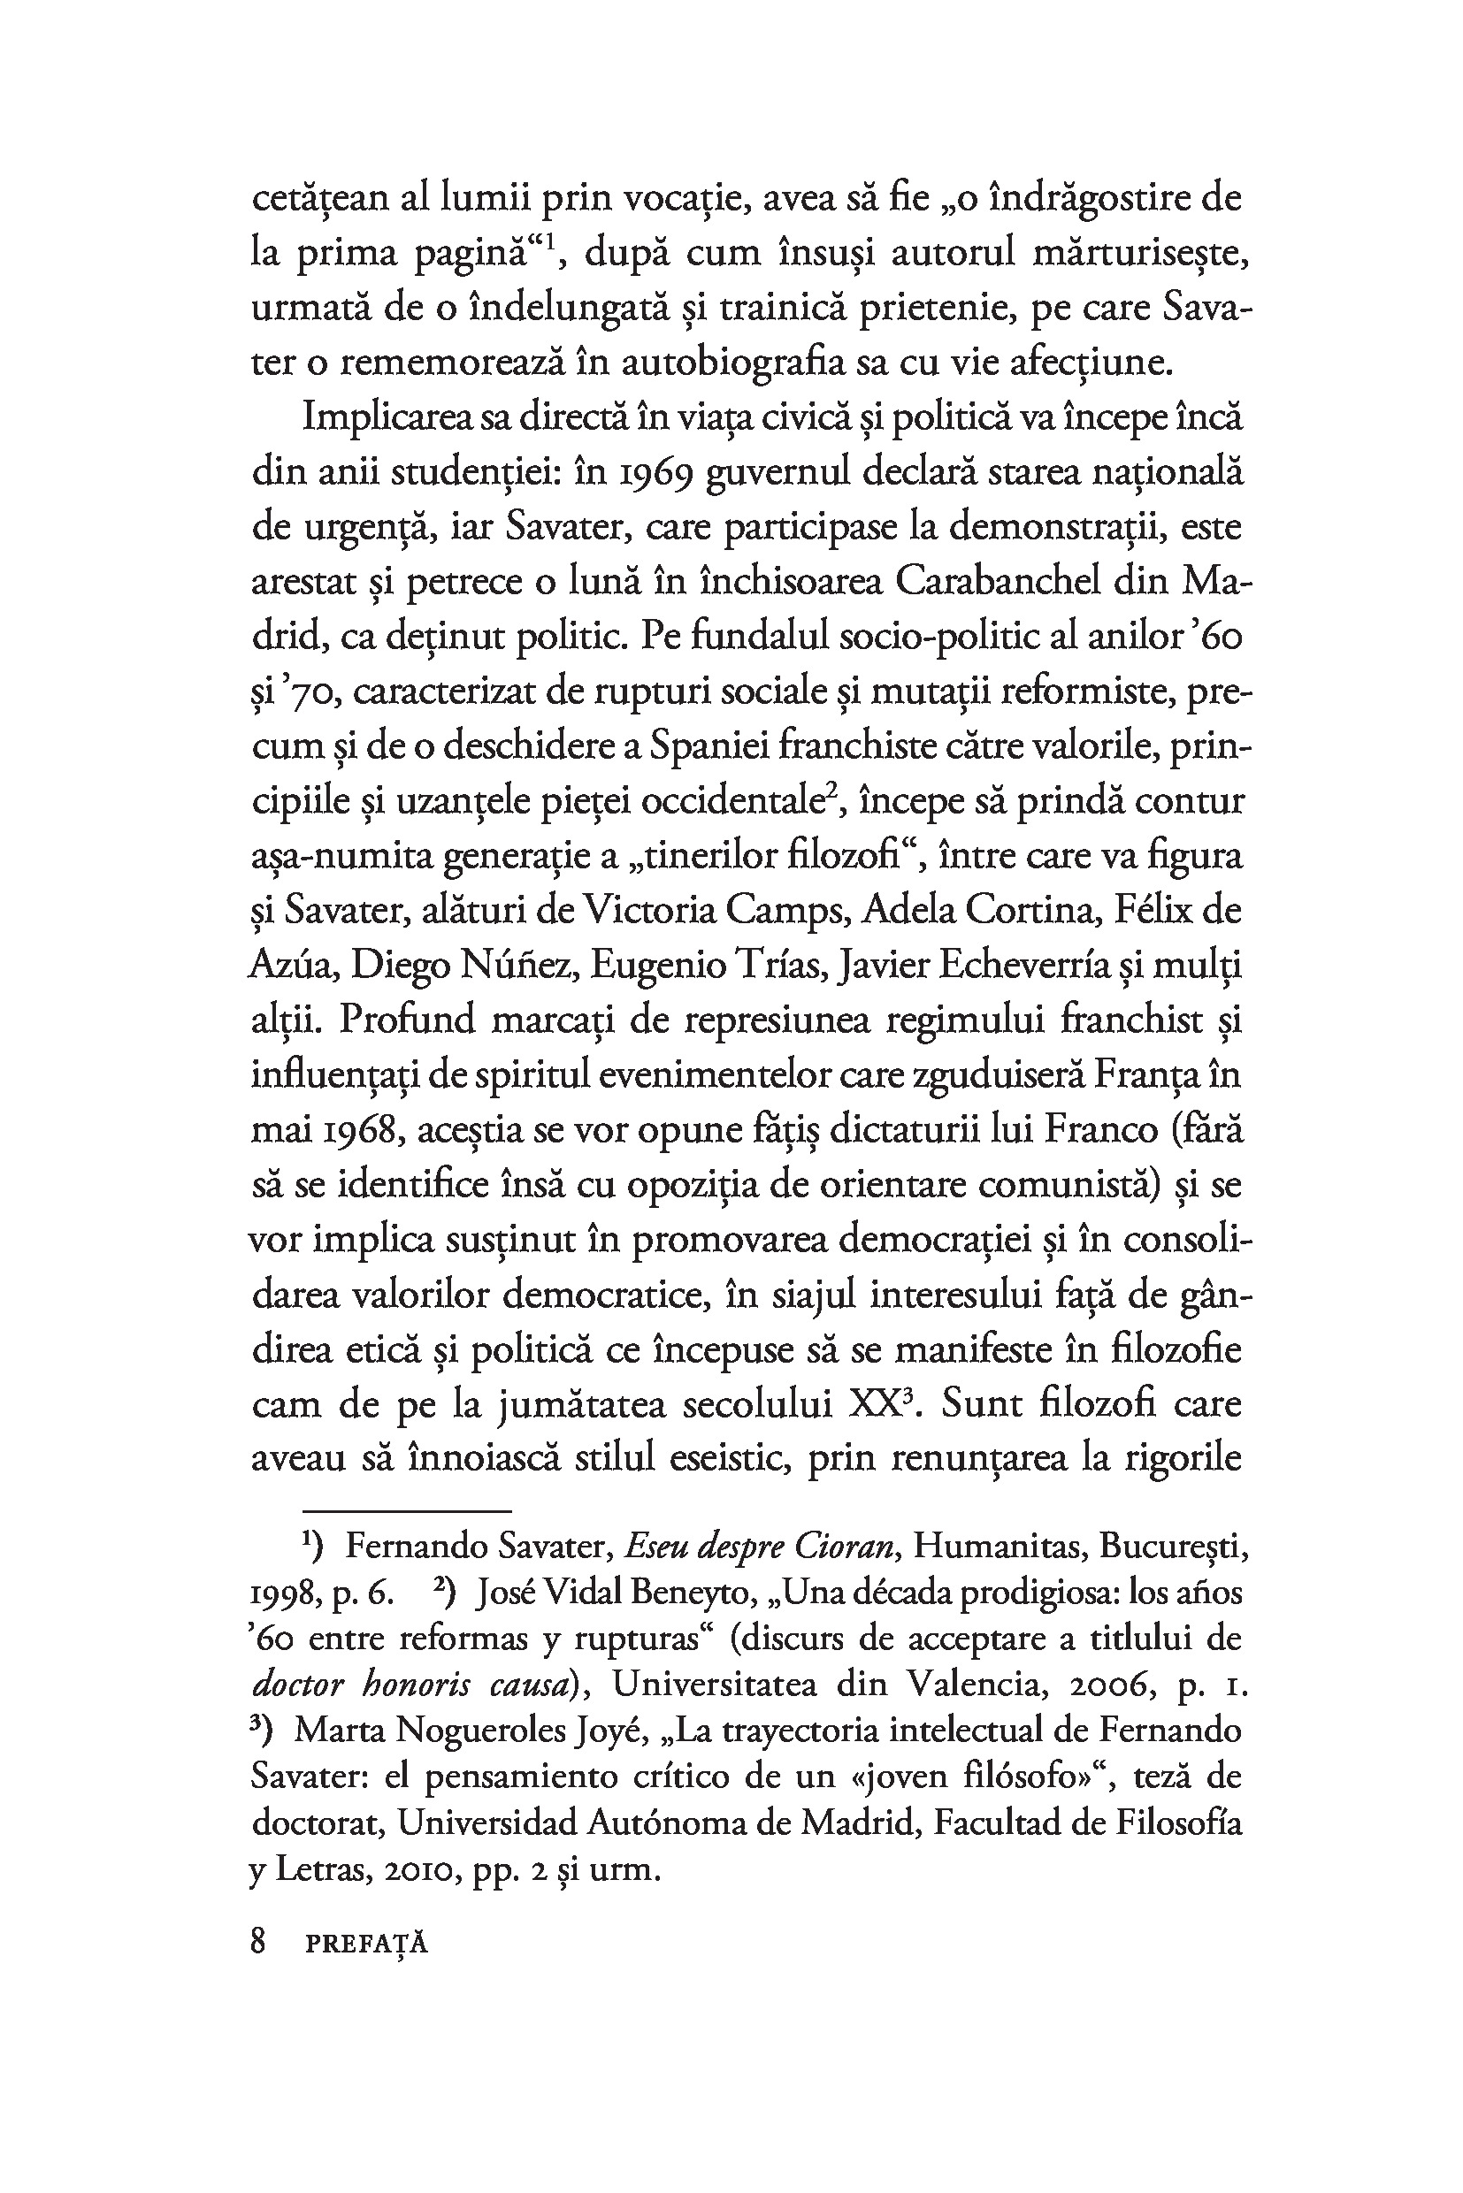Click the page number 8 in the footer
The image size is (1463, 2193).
(x=258, y=1942)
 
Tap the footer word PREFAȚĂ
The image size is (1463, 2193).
(x=367, y=1944)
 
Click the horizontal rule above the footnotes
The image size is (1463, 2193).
(x=407, y=1509)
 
